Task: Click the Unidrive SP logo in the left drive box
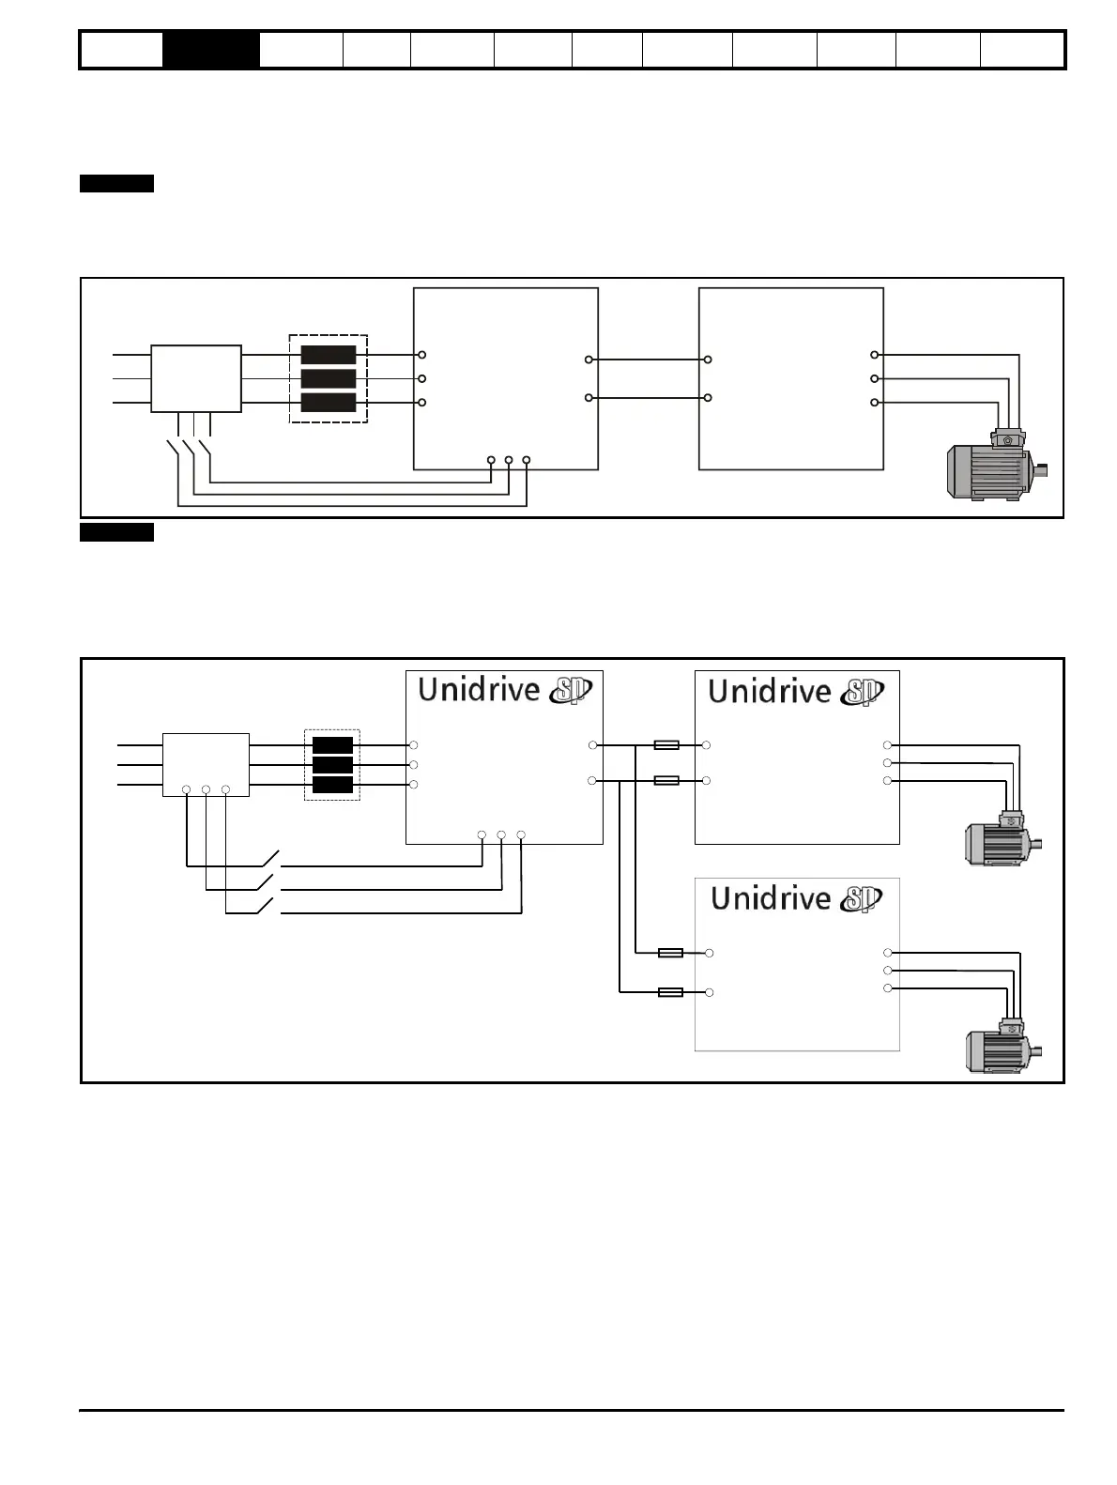[x=504, y=690]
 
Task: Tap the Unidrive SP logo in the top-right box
[x=794, y=692]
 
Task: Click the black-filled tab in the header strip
[x=211, y=51]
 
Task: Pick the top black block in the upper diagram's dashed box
[x=328, y=355]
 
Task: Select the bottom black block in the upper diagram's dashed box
[x=328, y=403]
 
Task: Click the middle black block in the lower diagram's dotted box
[x=332, y=765]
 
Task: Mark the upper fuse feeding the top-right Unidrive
[x=666, y=745]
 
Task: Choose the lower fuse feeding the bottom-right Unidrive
[x=670, y=992]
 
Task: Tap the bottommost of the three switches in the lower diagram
[x=266, y=906]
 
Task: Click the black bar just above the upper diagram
[x=116, y=183]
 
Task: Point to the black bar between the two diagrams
[x=116, y=533]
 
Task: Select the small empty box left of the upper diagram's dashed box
[x=196, y=378]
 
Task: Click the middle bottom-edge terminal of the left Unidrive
[x=501, y=834]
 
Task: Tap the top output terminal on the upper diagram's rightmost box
[x=875, y=355]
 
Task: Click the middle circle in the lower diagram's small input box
[x=206, y=789]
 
